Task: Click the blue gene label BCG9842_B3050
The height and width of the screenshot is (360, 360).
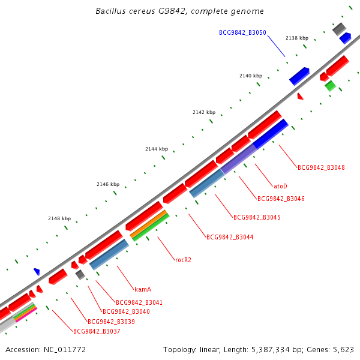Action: tap(242, 32)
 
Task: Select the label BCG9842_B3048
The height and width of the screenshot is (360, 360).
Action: tap(321, 167)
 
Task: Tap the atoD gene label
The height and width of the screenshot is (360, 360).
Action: tap(280, 186)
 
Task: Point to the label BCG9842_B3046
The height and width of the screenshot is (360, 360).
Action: tap(281, 199)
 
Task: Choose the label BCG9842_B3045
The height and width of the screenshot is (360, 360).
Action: tap(257, 217)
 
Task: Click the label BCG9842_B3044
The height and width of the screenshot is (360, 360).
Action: tap(230, 238)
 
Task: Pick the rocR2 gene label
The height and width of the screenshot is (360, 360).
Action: tap(183, 260)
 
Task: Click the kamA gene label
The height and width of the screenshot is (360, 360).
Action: tap(143, 289)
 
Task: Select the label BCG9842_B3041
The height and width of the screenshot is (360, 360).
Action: tap(139, 302)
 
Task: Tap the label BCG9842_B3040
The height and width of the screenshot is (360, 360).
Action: tap(126, 312)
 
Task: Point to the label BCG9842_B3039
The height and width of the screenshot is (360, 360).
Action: tap(111, 322)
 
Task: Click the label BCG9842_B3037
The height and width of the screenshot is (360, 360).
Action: tap(97, 331)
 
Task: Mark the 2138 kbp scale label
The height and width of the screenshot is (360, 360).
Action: tap(296, 38)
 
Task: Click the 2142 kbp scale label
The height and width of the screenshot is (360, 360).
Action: tap(203, 112)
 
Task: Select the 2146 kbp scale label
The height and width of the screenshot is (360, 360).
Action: tap(108, 184)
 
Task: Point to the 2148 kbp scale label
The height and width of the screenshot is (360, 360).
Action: tap(59, 219)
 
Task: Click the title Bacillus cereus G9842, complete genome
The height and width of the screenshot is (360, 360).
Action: tap(179, 11)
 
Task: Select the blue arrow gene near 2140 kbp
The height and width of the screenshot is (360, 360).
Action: tap(299, 76)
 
